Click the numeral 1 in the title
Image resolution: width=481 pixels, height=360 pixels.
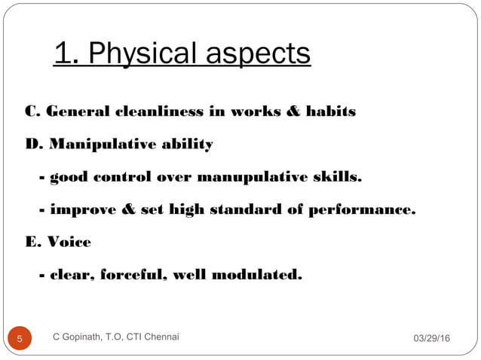63,54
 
